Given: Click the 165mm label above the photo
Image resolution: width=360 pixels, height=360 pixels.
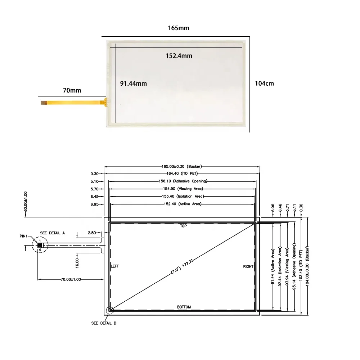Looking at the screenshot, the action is [179, 28].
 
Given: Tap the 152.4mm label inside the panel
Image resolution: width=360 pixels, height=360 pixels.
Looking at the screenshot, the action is [179, 56].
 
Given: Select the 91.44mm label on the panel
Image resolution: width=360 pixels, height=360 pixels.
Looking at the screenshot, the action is [134, 84].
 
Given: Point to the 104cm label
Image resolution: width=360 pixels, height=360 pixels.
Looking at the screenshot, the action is [264, 84].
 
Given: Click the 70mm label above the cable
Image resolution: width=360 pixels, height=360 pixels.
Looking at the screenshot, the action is [72, 90].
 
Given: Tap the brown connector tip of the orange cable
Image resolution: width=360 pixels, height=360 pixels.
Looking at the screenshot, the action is [44, 103].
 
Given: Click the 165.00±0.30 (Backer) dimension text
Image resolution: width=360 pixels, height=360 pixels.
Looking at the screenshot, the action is [181, 166].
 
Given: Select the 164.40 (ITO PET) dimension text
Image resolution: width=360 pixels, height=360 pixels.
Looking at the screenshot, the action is [182, 174].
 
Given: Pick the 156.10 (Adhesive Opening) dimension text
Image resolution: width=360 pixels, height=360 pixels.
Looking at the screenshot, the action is [183, 181].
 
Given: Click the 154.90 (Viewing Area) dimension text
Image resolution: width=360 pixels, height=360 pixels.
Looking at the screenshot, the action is [183, 189].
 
